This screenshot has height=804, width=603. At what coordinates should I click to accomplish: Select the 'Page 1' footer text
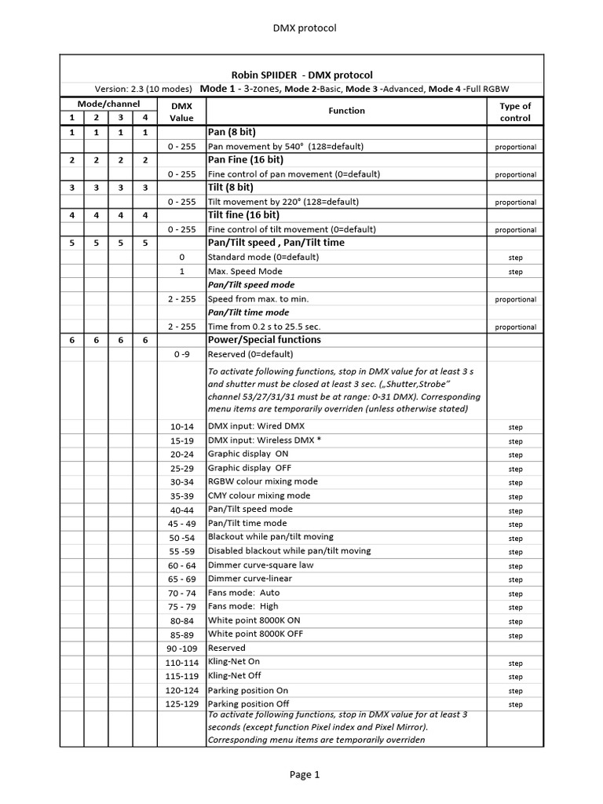pos(305,775)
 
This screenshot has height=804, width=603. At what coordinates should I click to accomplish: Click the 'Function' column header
pos(346,111)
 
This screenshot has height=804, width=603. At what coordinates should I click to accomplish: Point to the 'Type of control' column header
pos(515,111)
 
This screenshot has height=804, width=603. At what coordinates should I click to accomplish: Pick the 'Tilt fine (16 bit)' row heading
pos(243,215)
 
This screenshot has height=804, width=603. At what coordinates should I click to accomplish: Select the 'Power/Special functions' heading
pos(264,340)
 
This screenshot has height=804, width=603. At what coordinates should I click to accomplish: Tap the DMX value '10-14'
pos(181,426)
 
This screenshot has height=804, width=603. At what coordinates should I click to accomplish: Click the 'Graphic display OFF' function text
pos(249,468)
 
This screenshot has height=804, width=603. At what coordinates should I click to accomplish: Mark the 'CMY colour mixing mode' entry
pos(259,495)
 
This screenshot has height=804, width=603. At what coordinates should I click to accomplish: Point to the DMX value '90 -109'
pos(181,649)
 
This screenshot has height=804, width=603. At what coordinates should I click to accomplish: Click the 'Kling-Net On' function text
pos(233,662)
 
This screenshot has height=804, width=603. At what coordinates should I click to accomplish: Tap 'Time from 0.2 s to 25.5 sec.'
pos(264,327)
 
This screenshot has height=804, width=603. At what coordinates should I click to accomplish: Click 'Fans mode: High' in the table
pos(244,606)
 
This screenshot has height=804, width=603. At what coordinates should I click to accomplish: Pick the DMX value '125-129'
pos(181,704)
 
